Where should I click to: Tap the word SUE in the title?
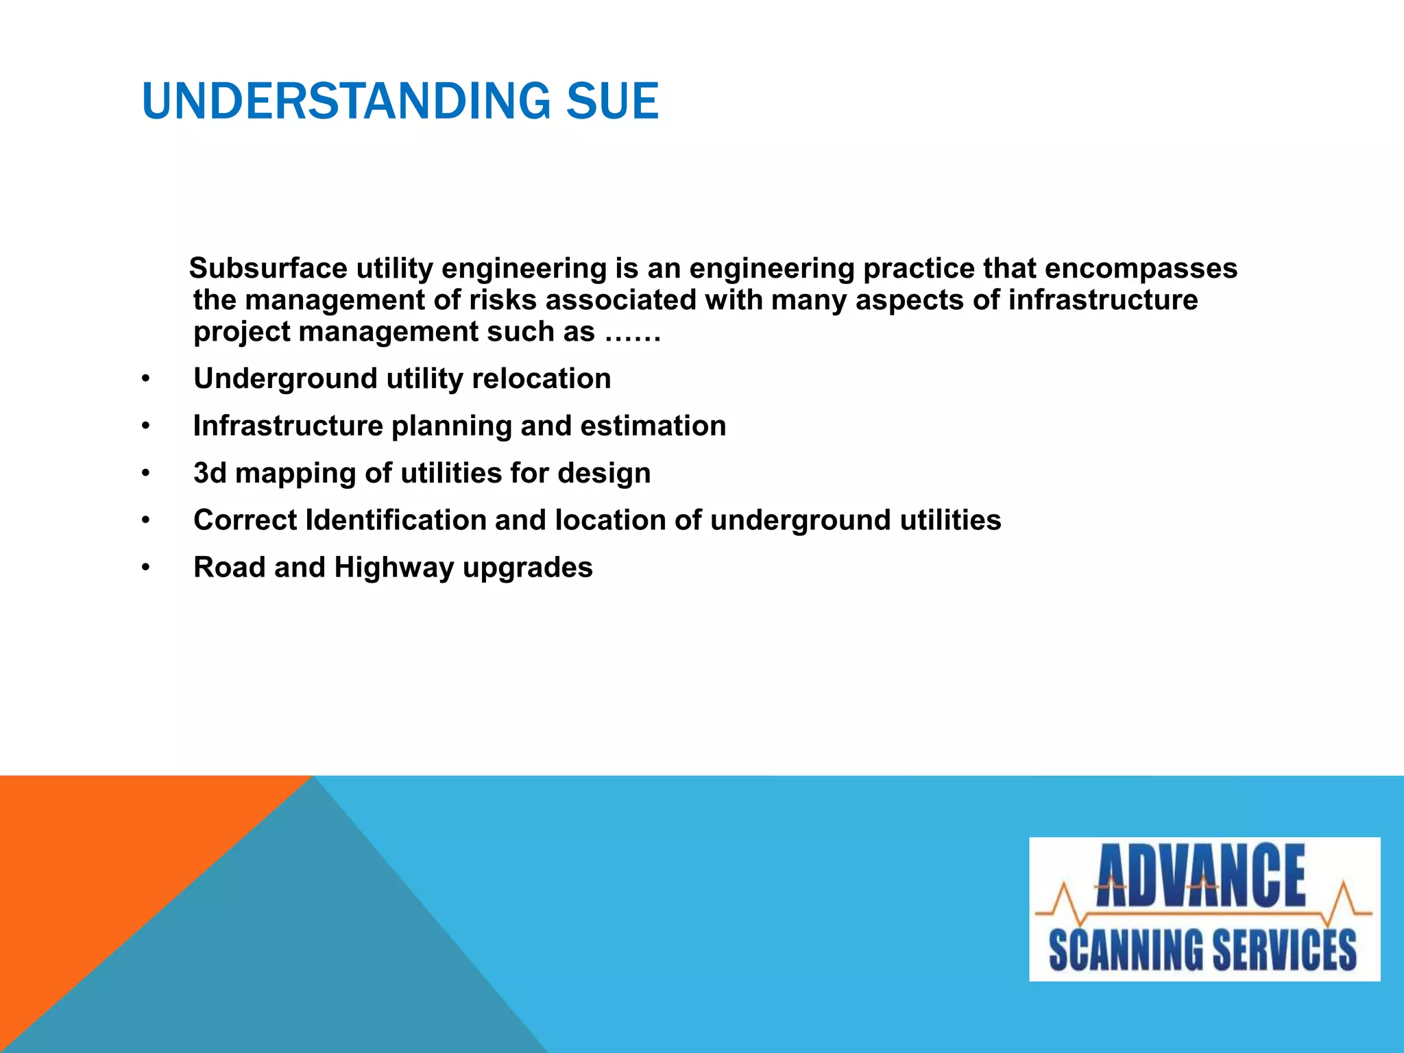point(612,101)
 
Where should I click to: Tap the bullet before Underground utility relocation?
point(145,379)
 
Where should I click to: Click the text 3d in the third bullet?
point(210,473)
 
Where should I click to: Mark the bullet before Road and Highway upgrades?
point(145,568)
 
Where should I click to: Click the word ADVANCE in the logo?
point(1201,877)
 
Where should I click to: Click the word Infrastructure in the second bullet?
point(288,426)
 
